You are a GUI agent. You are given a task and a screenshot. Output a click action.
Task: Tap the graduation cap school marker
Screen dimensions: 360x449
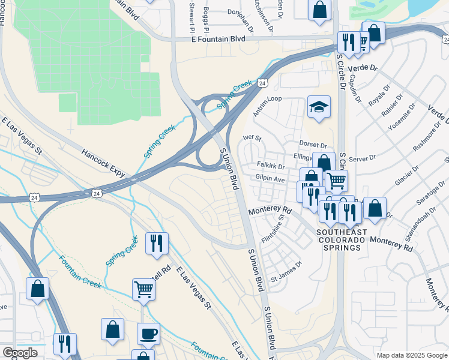pos(319,107)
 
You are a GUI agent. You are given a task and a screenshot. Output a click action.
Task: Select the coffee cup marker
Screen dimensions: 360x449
pos(148,333)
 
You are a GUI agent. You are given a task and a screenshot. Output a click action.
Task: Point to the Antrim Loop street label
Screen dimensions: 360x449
pos(267,99)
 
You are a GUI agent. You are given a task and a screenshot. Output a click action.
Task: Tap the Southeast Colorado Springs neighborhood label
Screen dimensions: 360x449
pos(341,239)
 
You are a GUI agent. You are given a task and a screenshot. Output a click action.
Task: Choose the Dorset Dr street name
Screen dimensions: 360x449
pos(313,145)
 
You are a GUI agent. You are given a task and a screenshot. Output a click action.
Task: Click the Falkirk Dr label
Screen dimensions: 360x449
pos(270,166)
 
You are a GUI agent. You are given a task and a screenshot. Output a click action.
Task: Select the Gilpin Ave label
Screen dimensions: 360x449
pos(270,179)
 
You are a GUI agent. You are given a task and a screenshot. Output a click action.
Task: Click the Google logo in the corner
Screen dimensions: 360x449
pos(19,353)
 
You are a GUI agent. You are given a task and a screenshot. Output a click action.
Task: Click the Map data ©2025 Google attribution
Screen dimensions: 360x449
pos(411,355)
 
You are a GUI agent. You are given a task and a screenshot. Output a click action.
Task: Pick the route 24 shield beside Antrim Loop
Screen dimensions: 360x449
pos(262,83)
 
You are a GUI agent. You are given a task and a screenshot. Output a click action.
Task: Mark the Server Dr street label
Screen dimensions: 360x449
pos(361,158)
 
